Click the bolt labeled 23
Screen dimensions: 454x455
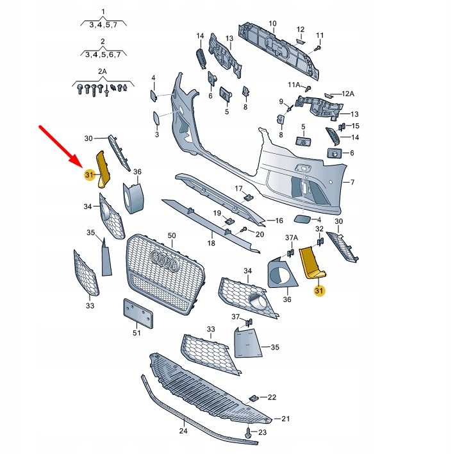(248, 435)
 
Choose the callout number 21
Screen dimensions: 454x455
(286, 419)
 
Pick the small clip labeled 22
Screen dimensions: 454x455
(255, 398)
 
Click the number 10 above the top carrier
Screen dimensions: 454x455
(272, 24)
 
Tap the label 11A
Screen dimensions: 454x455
(294, 84)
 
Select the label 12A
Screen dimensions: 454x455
(347, 94)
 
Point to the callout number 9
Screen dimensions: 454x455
(281, 101)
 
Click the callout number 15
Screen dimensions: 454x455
(356, 126)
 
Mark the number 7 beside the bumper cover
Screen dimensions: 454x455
(351, 183)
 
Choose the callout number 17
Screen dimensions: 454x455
(238, 189)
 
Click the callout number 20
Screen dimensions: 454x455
(260, 235)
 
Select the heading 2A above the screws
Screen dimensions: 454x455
(103, 73)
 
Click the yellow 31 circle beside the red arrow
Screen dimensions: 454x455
(89, 174)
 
